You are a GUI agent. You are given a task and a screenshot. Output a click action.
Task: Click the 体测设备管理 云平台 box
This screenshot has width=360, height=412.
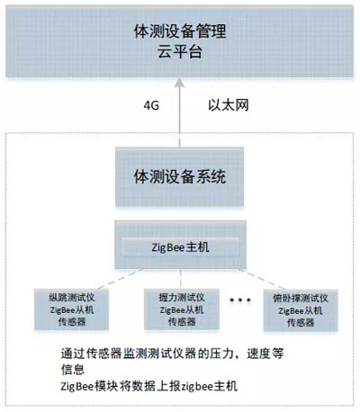[179, 41]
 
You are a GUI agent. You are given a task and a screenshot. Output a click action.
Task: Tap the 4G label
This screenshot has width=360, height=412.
[151, 105]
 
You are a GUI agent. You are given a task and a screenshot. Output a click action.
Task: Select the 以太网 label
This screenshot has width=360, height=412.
[229, 105]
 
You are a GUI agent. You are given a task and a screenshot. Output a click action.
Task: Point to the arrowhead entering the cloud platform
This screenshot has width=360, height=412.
[180, 83]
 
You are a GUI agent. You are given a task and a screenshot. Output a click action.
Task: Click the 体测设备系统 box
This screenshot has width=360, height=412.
[179, 176]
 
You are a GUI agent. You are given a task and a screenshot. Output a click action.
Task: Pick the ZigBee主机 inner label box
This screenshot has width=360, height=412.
[180, 247]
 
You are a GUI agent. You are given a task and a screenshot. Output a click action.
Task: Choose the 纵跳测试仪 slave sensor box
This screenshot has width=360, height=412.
[71, 309]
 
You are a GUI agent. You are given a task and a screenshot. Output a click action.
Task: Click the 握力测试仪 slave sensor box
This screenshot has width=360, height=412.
[182, 309]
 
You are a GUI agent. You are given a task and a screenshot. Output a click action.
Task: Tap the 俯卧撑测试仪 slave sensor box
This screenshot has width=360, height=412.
[301, 310]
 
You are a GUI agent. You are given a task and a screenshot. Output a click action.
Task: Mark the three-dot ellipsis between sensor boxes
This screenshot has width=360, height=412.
[240, 300]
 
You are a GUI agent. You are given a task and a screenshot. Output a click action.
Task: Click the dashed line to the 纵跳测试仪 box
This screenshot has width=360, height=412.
[121, 279]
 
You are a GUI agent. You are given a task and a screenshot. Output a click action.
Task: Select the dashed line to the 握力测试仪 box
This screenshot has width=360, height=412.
[181, 279]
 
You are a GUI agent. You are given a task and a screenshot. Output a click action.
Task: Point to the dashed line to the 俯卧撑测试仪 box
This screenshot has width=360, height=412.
[262, 280]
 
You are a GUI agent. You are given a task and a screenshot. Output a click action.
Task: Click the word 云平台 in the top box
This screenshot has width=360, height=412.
[180, 51]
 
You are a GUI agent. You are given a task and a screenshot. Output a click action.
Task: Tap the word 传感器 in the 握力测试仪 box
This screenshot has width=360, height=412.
[182, 322]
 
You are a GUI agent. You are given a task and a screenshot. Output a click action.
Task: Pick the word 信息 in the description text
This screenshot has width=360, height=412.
[73, 370]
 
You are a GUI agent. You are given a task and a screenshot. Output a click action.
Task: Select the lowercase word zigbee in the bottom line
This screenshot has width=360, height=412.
[197, 386]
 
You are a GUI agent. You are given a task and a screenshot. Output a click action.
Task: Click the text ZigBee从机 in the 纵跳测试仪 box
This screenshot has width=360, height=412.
[72, 309]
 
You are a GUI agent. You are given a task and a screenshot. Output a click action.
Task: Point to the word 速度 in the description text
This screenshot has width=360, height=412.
[258, 354]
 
